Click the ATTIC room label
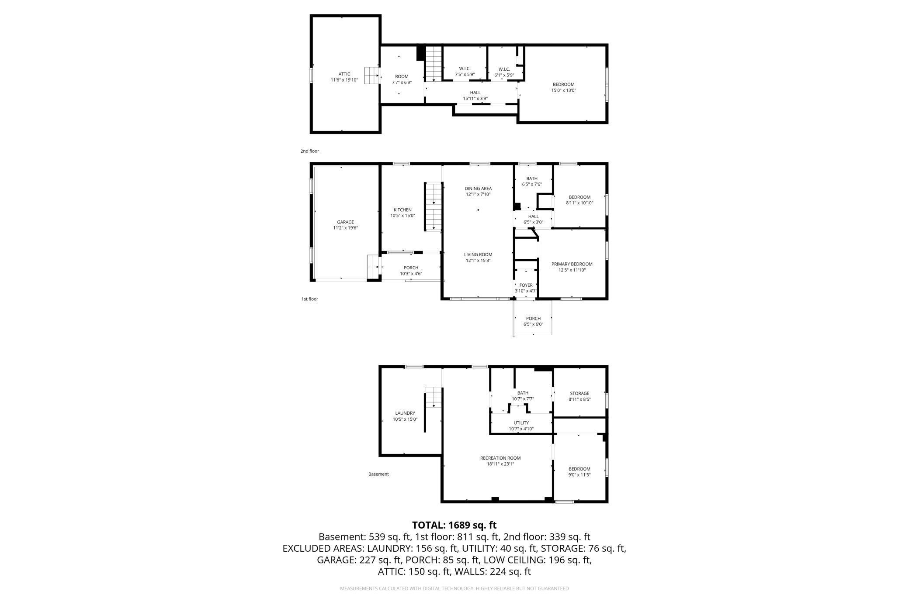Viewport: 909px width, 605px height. (x=344, y=74)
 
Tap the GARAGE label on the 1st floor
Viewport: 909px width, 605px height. (x=345, y=222)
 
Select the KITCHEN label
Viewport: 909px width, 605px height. (x=402, y=210)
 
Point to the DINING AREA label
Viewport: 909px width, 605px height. (x=478, y=189)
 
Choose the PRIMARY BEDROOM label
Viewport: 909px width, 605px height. (x=572, y=264)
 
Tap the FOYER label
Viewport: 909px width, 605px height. (x=526, y=285)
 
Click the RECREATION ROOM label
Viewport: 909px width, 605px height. (x=500, y=458)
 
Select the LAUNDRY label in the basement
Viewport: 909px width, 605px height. (x=405, y=413)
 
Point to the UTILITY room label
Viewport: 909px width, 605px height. (x=521, y=423)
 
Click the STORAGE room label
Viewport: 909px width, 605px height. (x=579, y=393)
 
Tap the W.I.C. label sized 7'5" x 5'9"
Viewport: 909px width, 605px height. (x=465, y=69)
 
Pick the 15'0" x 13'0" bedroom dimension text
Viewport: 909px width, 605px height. (x=563, y=90)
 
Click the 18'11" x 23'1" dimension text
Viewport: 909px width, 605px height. (x=500, y=464)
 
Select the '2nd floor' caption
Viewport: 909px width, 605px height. (x=309, y=151)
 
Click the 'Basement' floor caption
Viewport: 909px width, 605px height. (x=378, y=474)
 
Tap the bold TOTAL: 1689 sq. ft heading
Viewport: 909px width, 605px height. (x=454, y=525)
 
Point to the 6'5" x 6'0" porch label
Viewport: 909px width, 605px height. (x=533, y=324)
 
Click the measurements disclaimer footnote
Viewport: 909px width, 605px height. (x=454, y=588)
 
